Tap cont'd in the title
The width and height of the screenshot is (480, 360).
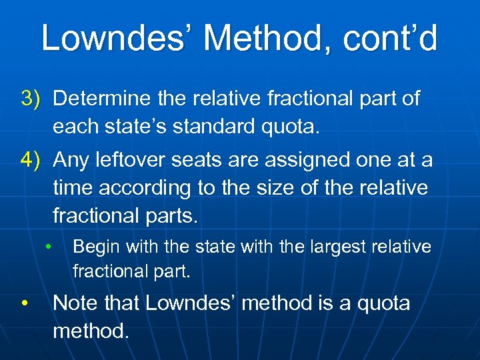(390, 38)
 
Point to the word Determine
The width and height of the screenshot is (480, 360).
(103, 99)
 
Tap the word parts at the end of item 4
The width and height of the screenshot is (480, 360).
(171, 216)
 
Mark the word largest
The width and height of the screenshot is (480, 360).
(332, 247)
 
